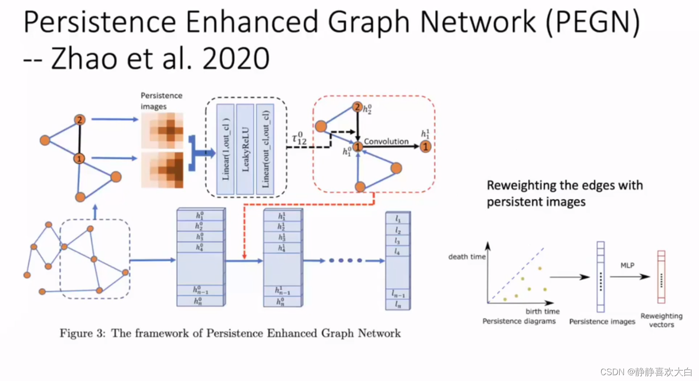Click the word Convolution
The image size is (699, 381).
(386, 142)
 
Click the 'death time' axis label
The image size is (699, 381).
(467, 257)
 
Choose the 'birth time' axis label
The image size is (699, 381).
(542, 311)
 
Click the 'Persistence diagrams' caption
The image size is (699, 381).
(519, 321)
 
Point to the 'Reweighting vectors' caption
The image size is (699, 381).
(661, 320)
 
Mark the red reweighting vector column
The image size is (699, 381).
(661, 277)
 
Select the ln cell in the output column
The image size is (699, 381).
(398, 305)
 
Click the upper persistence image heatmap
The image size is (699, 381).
(162, 131)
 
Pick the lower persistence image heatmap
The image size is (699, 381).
(162, 169)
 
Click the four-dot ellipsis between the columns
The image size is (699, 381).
(345, 261)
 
